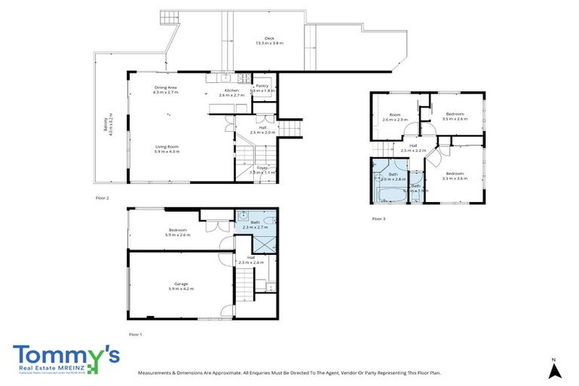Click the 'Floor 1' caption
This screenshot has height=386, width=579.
point(135,333)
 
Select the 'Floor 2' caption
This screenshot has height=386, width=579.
point(103,198)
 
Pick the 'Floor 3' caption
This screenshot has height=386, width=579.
point(378,219)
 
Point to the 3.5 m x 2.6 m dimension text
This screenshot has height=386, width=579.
point(455,119)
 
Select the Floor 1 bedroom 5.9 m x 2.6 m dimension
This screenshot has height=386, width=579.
point(177,235)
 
